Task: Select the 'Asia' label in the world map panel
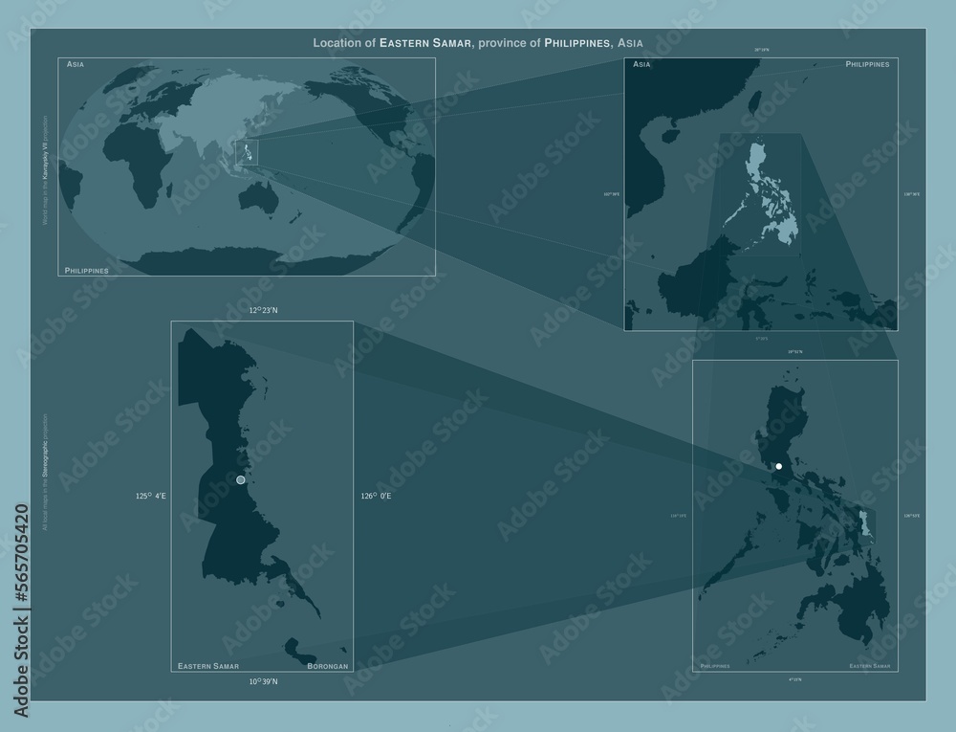pos(76,64)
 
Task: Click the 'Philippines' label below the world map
pos(86,271)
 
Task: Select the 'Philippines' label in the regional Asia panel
pos(868,64)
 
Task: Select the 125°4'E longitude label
pos(152,496)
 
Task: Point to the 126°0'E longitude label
pos(376,496)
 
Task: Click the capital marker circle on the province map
pos(241,479)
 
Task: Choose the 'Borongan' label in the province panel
pos(327,665)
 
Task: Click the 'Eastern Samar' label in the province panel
pos(208,665)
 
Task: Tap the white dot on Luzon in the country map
pos(779,466)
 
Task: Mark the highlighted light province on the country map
pos(867,522)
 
